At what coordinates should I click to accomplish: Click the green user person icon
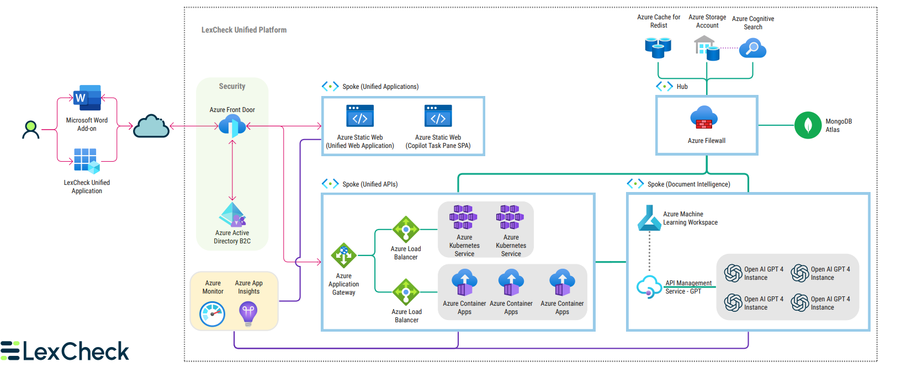pos(31,130)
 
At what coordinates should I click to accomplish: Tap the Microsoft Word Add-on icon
pos(87,98)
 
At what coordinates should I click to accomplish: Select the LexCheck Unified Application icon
pos(87,161)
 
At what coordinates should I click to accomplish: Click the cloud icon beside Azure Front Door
pos(151,126)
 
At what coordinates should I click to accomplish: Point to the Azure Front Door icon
pos(232,126)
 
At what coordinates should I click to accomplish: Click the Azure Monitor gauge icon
pos(213,314)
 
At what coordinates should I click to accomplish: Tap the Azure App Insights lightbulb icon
pos(248,313)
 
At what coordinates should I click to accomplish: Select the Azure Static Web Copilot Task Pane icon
pos(438,116)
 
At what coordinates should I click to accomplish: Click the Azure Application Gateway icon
pos(343,255)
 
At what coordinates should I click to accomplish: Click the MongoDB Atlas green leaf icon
pos(808,125)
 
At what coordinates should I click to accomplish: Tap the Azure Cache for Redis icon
pos(658,47)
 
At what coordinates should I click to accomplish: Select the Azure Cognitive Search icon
pos(752,49)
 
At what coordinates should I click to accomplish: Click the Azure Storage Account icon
pos(707,48)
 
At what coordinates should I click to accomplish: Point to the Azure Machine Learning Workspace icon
pos(649,217)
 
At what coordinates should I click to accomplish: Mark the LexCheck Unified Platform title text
pos(243,30)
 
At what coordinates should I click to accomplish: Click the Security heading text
pos(232,86)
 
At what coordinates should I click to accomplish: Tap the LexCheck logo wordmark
pos(65,352)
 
